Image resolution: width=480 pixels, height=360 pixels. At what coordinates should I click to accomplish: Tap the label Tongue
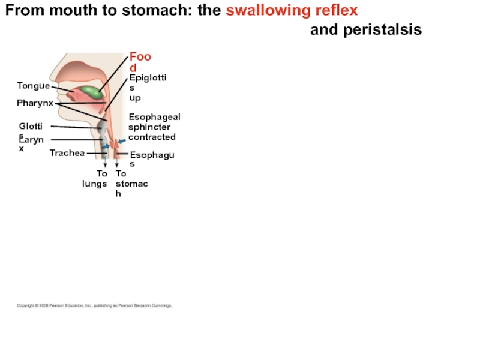(x=33, y=86)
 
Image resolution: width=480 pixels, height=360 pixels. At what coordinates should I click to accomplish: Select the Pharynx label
(x=35, y=103)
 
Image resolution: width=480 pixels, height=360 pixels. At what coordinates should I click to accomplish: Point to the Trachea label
(x=67, y=153)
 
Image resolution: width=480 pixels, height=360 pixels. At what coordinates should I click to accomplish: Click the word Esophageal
(x=154, y=117)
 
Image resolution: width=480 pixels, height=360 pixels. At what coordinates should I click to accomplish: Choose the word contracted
(x=152, y=137)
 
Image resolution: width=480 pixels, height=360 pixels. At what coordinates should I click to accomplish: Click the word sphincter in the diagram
(x=149, y=127)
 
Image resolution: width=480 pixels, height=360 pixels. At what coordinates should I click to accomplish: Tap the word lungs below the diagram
(x=95, y=184)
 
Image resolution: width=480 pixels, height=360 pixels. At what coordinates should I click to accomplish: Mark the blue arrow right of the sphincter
(x=122, y=141)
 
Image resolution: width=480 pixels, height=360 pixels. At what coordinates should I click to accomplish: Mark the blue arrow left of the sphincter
(x=106, y=146)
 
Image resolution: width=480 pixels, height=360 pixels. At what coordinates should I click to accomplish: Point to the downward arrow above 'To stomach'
(x=116, y=163)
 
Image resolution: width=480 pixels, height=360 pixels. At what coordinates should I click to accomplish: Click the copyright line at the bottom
(x=94, y=305)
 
